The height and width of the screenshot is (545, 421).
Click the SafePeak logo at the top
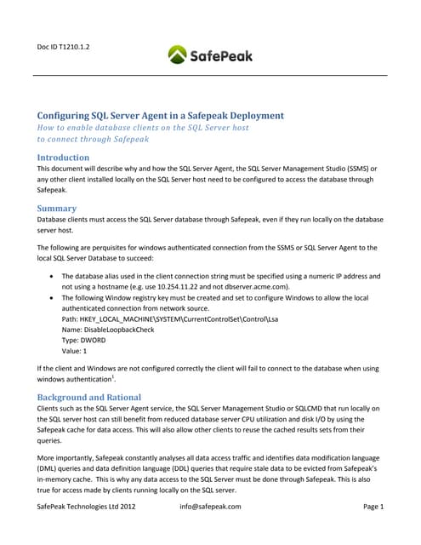tap(210, 56)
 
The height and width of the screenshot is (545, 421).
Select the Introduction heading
tap(63, 158)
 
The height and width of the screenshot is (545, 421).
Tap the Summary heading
tap(56, 208)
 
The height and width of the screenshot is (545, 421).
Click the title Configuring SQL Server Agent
tap(160, 115)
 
